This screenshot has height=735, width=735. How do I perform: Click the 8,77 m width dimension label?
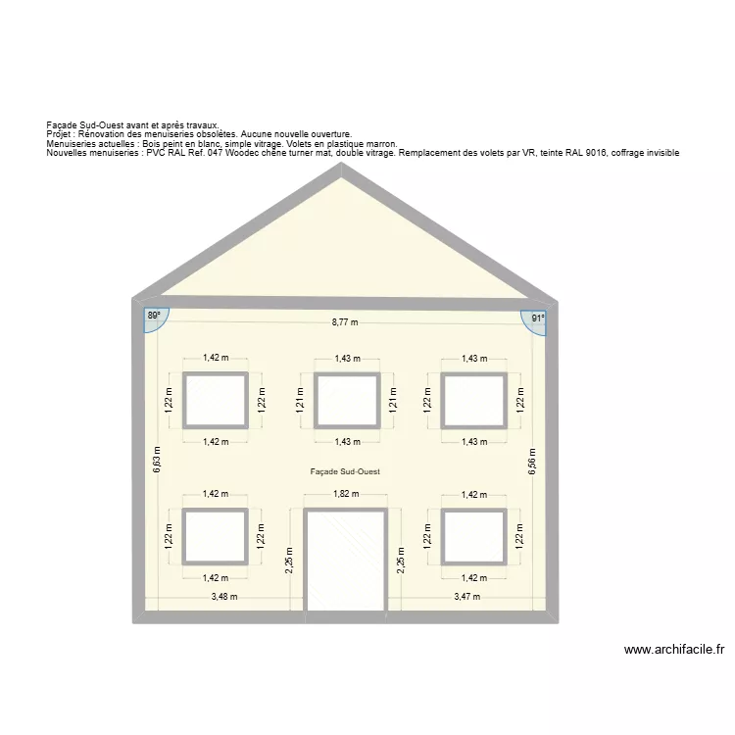click(x=345, y=322)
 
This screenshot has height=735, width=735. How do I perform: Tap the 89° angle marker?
click(x=154, y=317)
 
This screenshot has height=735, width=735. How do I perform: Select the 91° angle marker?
click(x=537, y=318)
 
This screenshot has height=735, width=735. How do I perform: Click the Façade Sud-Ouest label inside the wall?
click(x=345, y=471)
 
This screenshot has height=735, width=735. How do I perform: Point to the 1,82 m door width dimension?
click(x=345, y=495)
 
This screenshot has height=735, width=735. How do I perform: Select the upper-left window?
click(x=216, y=400)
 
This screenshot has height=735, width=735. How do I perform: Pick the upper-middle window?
click(x=346, y=400)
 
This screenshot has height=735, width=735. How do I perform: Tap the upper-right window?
click(x=473, y=400)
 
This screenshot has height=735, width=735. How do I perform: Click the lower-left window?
click(x=216, y=537)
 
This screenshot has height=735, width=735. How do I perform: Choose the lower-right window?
click(x=473, y=537)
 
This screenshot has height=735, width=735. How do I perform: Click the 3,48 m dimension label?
click(x=226, y=597)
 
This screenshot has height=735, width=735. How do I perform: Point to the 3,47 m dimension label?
click(x=467, y=597)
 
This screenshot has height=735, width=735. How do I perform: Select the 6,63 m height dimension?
click(x=157, y=460)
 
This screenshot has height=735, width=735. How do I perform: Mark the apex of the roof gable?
click(x=342, y=168)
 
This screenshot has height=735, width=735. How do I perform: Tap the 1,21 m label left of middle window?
click(x=300, y=400)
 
